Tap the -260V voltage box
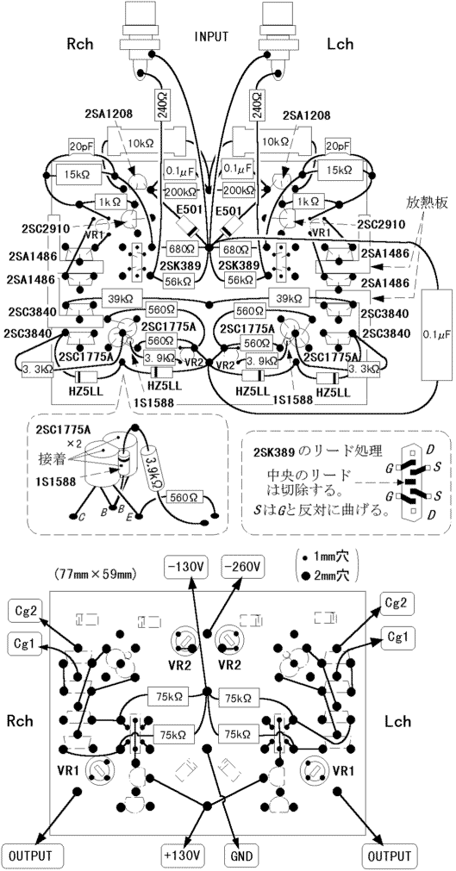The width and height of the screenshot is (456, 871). tap(244, 567)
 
